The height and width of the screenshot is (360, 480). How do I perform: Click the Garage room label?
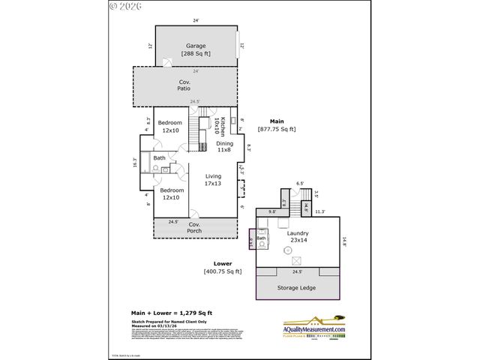196,49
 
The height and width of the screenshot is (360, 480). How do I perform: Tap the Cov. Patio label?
184,85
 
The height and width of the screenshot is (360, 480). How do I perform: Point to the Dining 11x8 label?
224,146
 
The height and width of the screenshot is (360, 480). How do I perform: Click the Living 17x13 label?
213,179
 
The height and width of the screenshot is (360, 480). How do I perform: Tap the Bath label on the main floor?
160,158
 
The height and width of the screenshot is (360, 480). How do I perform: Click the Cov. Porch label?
194,227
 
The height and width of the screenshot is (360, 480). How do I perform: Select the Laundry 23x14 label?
298,238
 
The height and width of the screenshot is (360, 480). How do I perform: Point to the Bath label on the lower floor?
262,238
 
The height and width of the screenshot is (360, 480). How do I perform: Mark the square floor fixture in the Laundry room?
297,260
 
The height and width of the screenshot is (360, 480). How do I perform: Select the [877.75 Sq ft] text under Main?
277,129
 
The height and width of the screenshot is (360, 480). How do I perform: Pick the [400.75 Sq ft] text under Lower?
223,271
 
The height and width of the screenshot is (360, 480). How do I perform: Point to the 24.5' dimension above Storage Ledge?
297,271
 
